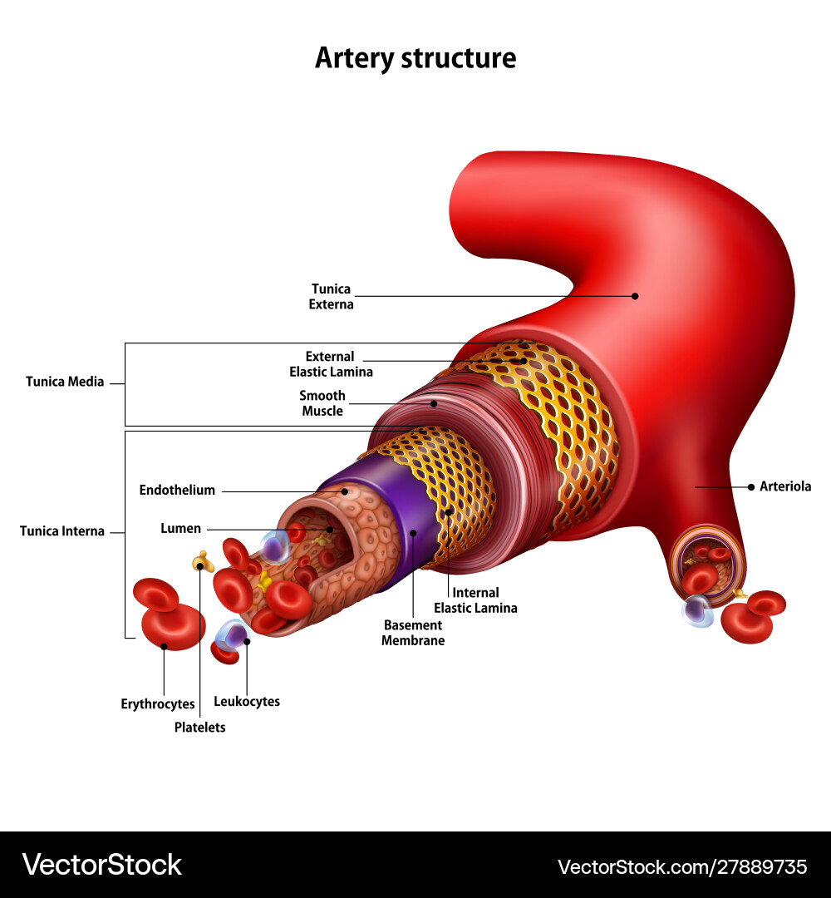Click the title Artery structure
pyautogui.click(x=415, y=58)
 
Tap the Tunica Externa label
pyautogui.click(x=332, y=297)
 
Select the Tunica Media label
pyautogui.click(x=65, y=382)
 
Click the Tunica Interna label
pyautogui.click(x=62, y=531)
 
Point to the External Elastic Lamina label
pyautogui.click(x=331, y=364)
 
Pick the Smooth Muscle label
pyautogui.click(x=322, y=403)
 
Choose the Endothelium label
pyautogui.click(x=177, y=491)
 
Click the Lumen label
pyautogui.click(x=180, y=529)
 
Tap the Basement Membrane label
pyautogui.click(x=413, y=633)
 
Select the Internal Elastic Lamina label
pyautogui.click(x=475, y=600)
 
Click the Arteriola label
pyautogui.click(x=785, y=486)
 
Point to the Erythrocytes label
pyautogui.click(x=158, y=704)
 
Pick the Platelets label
pyautogui.click(x=199, y=728)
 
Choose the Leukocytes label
pyautogui.click(x=247, y=702)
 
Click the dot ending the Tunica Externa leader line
pyautogui.click(x=635, y=295)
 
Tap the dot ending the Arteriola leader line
pyautogui.click(x=751, y=486)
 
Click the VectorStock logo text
pyautogui.click(x=101, y=865)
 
